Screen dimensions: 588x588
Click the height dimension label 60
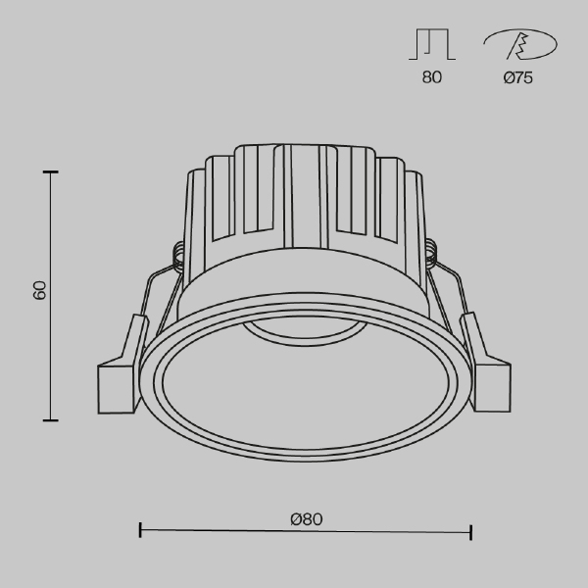point(39,290)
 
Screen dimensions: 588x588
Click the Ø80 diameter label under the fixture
point(307,519)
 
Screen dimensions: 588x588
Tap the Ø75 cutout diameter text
point(517,77)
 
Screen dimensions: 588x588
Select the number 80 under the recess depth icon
point(431,77)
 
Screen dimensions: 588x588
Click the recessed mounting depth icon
point(432,44)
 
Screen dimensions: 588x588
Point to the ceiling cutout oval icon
point(520,45)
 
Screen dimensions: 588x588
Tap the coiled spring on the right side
point(431,253)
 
